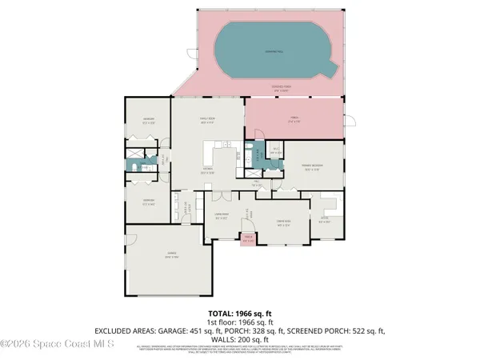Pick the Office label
coord(323,219)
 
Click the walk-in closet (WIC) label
coord(275,150)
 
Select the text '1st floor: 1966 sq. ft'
coord(240,320)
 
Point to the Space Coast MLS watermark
coord(58,345)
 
